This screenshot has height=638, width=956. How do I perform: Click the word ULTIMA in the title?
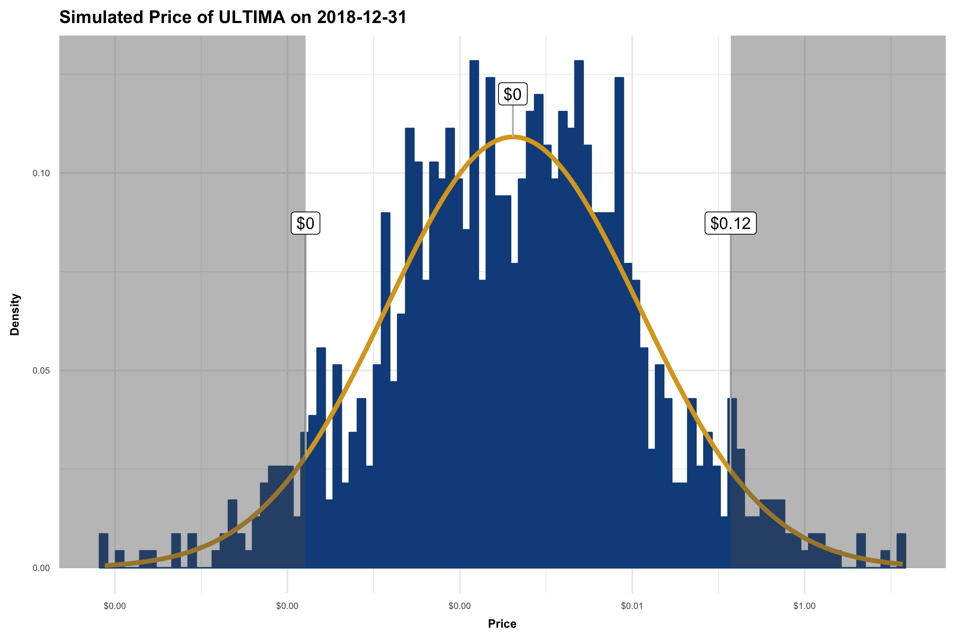(252, 17)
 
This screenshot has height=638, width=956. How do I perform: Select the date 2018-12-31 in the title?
(362, 17)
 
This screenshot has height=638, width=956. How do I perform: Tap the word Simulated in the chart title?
(101, 17)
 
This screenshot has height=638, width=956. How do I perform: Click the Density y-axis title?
(15, 314)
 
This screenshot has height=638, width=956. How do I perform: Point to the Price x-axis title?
(502, 624)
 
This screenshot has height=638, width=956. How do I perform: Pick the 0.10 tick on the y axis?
(41, 173)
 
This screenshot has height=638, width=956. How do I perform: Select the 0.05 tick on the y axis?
(41, 371)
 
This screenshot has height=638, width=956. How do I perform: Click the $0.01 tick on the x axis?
(632, 606)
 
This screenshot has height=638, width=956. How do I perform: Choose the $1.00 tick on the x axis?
(804, 606)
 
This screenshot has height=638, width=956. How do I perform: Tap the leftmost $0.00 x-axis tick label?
(115, 606)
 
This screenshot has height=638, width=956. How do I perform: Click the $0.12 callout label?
(730, 223)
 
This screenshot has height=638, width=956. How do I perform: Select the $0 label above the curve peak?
(513, 94)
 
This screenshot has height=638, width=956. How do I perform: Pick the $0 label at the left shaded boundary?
(305, 223)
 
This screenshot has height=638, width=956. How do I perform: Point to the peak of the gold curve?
(513, 137)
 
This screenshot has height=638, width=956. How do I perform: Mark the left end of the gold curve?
(107, 565)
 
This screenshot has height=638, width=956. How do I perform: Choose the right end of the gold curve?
(901, 564)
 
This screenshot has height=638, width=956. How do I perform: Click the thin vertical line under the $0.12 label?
(731, 325)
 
